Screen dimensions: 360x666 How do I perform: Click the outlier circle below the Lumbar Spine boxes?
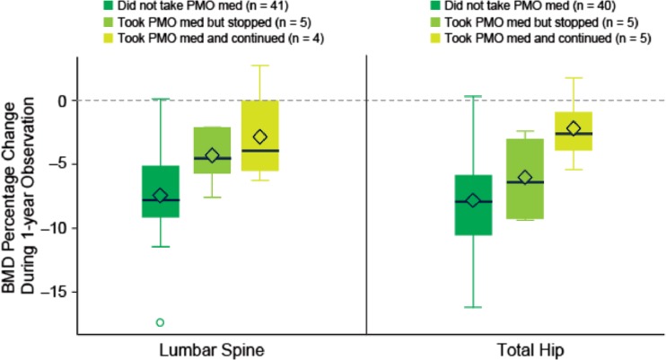161,322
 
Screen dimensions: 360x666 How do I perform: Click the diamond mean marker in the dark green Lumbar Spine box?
161,195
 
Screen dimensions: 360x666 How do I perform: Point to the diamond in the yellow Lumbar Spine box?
260,136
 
